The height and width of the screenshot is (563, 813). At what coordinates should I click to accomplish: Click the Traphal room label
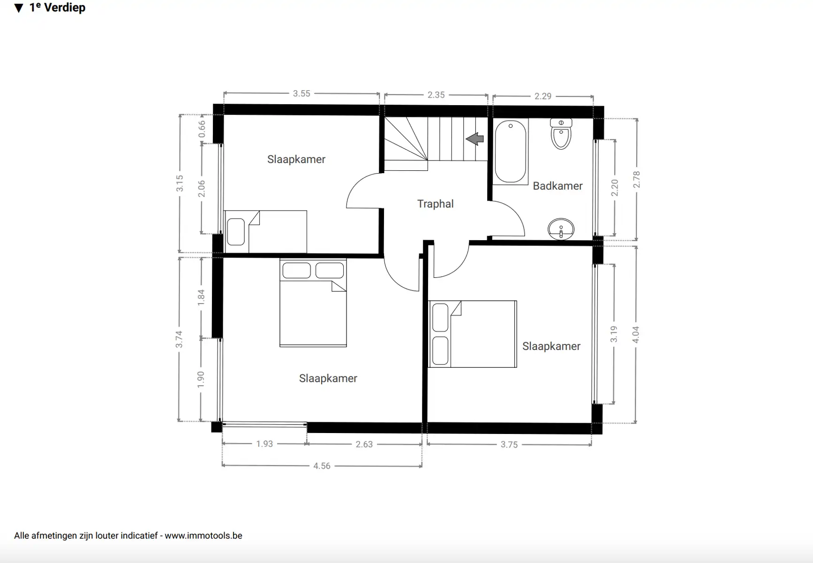coord(435,204)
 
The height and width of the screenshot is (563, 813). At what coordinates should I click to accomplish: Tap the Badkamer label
coord(557,186)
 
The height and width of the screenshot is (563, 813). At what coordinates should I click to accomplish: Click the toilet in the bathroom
coord(561,134)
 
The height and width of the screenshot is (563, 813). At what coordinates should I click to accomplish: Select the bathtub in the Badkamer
coord(511,152)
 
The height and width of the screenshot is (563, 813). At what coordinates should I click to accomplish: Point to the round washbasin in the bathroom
coord(561,229)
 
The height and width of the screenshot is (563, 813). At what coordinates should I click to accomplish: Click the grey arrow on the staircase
coord(474,139)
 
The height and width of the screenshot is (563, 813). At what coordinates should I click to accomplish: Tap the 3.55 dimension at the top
coord(301,94)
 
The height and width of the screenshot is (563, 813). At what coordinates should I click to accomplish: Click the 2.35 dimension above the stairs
coord(436,95)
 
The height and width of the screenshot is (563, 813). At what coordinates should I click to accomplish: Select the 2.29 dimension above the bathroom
coord(543,96)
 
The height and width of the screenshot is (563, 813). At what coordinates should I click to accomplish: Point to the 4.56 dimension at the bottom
coord(322,466)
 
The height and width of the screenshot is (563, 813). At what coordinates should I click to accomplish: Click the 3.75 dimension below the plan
coord(509,445)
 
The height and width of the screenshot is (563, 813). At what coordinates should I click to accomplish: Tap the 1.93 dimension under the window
coord(264,444)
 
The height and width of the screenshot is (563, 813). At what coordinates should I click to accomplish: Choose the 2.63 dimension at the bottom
coord(364,444)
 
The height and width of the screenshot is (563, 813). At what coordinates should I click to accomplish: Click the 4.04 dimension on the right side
coord(636,335)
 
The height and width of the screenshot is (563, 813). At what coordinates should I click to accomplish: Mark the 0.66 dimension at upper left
coord(202,129)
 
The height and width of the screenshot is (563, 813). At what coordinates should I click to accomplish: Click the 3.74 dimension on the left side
coord(179,339)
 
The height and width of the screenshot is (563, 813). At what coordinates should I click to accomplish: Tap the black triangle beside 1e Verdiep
coord(19,8)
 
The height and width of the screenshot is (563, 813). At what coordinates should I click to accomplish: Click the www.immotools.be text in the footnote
coord(203,535)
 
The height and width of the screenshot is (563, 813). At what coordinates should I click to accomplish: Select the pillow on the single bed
coord(236,232)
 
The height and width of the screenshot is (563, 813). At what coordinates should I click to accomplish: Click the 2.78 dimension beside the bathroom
coord(636,180)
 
